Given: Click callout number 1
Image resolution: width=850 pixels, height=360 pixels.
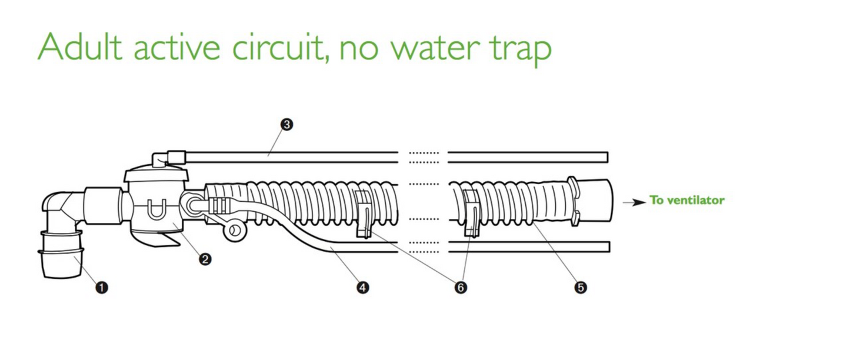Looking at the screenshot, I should pos(102,287).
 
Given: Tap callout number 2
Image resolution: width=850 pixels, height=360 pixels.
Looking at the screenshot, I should pos(205,258).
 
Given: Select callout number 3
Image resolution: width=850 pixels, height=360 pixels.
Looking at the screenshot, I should pos(286,124).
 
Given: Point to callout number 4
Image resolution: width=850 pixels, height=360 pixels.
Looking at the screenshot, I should pos(363,287).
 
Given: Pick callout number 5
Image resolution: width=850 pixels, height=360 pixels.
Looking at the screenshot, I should pos(581,287).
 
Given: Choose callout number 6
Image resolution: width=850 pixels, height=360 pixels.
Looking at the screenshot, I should pos(461,287).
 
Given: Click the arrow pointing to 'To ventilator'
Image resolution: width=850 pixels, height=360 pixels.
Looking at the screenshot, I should pos(634,202).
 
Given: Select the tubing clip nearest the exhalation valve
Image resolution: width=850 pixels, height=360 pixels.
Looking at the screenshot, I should pos(364,213).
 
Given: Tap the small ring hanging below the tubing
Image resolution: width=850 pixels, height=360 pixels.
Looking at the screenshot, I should pos(234,230).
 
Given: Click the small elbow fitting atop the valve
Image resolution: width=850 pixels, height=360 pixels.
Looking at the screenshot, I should pos(160,159).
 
